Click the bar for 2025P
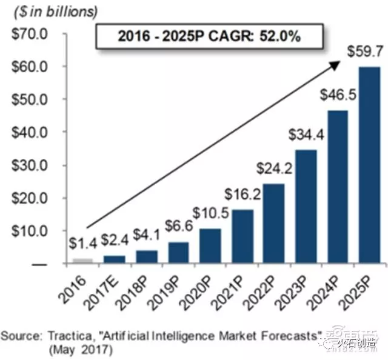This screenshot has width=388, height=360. (369, 165)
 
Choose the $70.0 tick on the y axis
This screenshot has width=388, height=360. (27, 34)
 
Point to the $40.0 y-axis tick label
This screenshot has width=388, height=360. (27, 132)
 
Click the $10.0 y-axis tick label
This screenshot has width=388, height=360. (27, 231)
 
